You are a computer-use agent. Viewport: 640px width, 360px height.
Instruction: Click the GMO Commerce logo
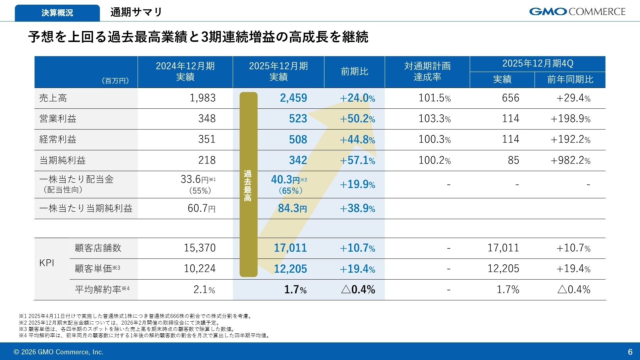coord(577,12)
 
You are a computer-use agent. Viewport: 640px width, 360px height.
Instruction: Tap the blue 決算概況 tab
coord(57,13)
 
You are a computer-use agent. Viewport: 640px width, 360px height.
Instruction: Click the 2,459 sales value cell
coord(293,98)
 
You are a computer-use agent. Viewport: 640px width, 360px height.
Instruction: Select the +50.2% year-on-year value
coord(357,119)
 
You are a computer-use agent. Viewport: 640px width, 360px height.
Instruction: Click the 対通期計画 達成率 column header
coord(427,71)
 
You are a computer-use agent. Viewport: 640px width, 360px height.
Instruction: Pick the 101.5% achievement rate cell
coord(434,98)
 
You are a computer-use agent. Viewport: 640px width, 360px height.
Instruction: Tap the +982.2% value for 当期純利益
coord(570,160)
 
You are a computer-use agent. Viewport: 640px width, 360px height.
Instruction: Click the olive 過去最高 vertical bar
coord(248,184)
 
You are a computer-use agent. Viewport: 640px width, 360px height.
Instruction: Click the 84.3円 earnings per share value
coord(292,208)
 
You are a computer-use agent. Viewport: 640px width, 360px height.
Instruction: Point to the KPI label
coord(47,263)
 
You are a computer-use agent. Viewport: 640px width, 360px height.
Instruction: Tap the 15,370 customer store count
coord(200,248)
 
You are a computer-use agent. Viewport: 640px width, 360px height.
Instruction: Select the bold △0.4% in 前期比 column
coord(358,289)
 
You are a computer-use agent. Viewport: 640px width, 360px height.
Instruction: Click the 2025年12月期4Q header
coord(537,63)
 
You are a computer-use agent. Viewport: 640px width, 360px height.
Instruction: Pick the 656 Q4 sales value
coord(510,98)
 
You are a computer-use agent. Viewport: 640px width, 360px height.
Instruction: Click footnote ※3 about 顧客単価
coord(127,329)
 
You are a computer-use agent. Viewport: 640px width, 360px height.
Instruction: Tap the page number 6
coord(630,352)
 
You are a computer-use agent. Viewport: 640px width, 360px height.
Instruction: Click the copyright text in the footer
coord(58,352)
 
